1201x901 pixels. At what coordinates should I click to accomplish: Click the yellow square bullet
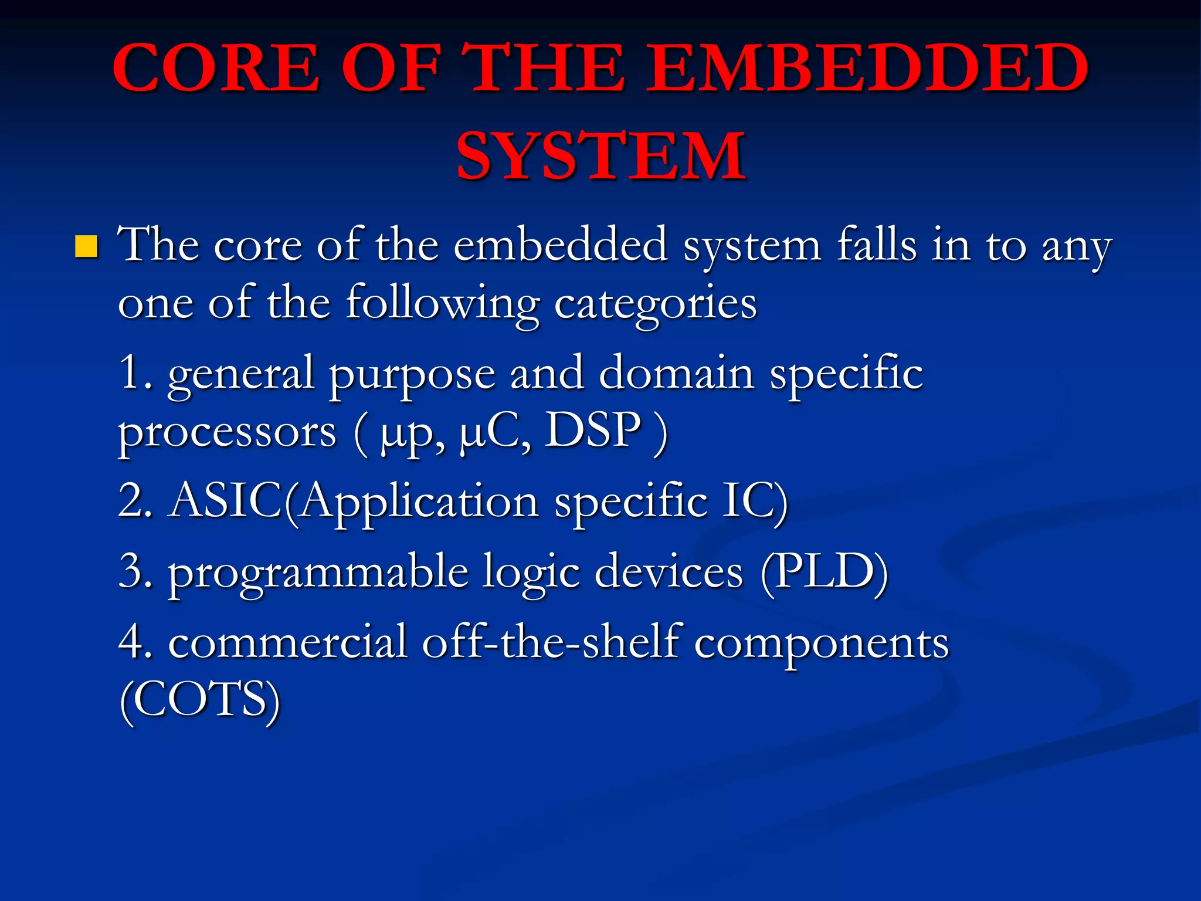point(86,247)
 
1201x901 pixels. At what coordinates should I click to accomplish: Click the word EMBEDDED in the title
point(867,68)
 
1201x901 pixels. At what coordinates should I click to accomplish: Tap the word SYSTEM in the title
point(600,156)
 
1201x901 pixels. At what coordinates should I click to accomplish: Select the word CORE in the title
point(216,68)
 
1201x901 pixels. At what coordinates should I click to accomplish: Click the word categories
point(655,305)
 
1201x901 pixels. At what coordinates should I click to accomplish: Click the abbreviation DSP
point(593,431)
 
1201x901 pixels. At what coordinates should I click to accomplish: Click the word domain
point(676,373)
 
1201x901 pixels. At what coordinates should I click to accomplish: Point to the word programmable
point(318,574)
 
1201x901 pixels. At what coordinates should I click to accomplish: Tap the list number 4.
point(134,642)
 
